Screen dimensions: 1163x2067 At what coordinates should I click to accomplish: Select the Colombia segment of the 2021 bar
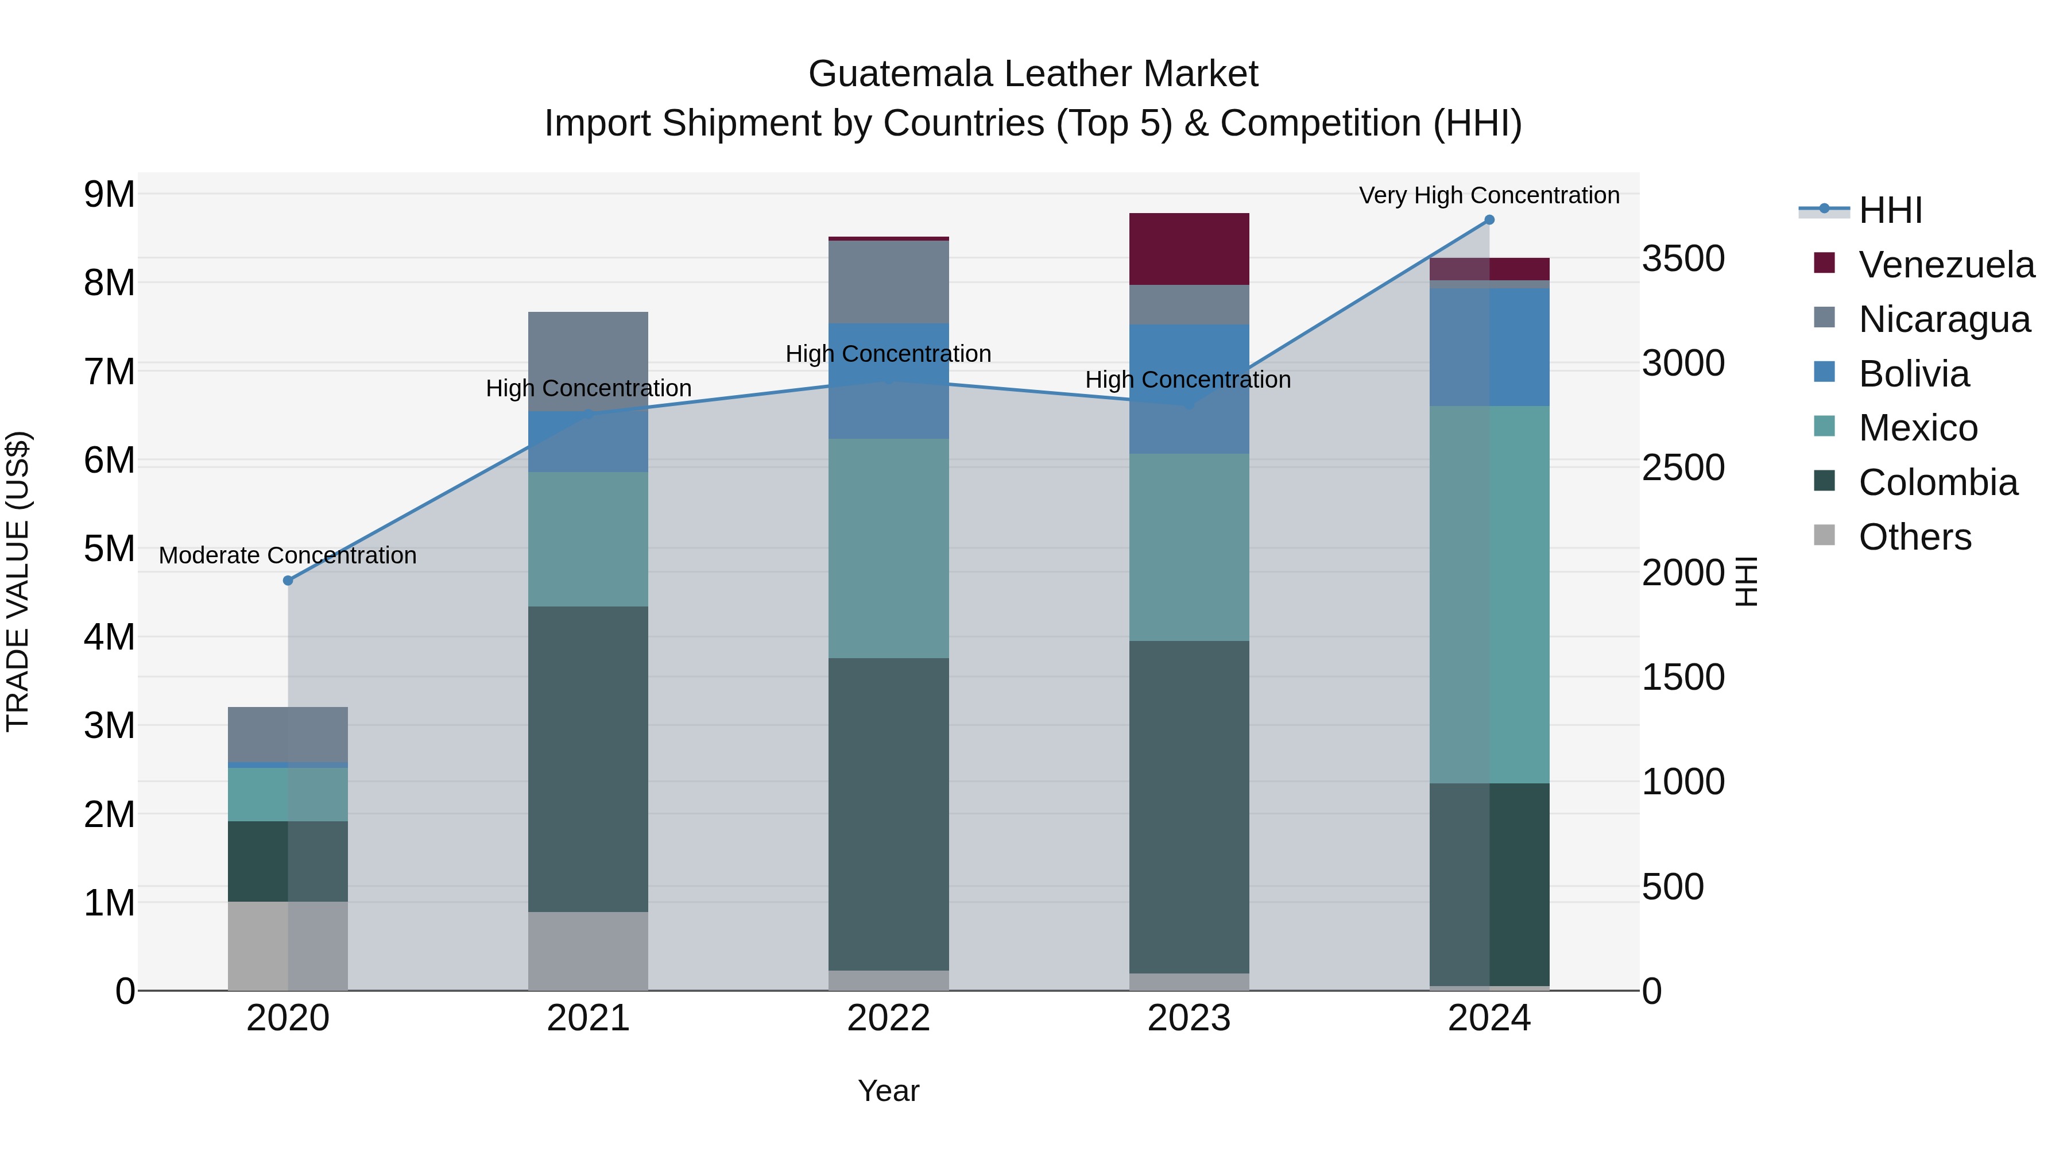click(588, 759)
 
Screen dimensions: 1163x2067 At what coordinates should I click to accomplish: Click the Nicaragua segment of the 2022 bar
click(888, 282)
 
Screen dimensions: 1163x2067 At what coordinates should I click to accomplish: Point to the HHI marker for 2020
click(288, 580)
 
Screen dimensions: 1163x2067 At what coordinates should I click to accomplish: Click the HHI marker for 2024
click(1489, 220)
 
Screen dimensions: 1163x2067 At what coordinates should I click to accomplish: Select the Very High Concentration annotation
click(1489, 196)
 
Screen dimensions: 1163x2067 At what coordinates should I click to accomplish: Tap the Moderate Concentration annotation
click(288, 555)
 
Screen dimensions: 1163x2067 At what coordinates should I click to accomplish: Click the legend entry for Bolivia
click(1914, 374)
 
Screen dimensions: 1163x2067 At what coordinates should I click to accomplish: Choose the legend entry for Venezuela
click(1946, 265)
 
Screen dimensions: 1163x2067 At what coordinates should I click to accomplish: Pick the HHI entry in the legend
click(1890, 210)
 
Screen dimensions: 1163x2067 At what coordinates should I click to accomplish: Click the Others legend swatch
click(1824, 535)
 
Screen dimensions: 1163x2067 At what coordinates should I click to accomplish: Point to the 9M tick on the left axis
click(109, 194)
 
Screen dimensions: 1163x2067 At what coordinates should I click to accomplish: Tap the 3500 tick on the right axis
click(1683, 258)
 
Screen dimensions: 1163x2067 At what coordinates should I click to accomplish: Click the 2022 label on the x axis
click(888, 1018)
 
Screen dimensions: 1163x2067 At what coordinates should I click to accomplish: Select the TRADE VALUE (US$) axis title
click(18, 581)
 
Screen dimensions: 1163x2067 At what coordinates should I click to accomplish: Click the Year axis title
click(888, 1091)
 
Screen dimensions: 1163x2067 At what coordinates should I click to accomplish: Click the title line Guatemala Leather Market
click(1033, 74)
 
